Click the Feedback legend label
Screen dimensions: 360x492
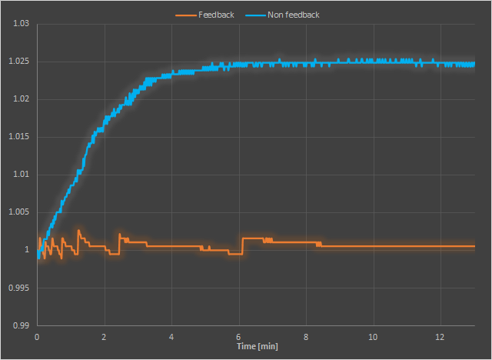click(x=216, y=15)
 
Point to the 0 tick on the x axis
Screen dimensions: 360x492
click(x=37, y=338)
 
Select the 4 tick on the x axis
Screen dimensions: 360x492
click(x=171, y=338)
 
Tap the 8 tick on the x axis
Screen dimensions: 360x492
click(x=306, y=338)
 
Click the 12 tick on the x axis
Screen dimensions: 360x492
click(x=440, y=338)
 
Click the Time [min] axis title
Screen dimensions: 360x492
click(x=258, y=347)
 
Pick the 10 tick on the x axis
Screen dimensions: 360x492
click(x=374, y=338)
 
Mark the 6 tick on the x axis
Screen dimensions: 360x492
click(x=239, y=338)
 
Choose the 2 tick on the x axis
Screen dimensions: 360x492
click(x=105, y=338)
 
